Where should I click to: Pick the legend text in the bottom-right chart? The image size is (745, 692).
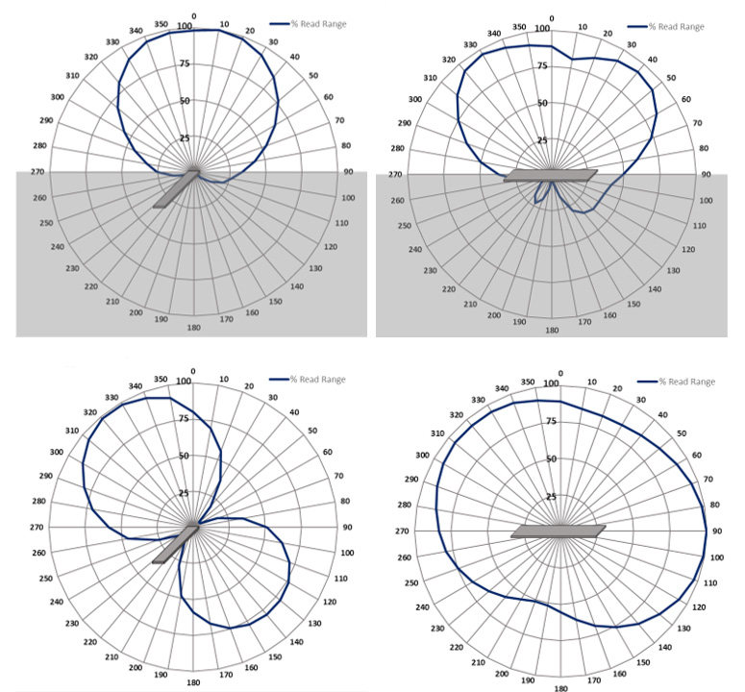pyautogui.click(x=691, y=382)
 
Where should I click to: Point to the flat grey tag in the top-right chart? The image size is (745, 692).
pyautogui.click(x=550, y=176)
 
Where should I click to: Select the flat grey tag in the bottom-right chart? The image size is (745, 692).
pyautogui.click(x=558, y=531)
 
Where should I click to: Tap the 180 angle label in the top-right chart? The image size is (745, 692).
pyautogui.click(x=551, y=330)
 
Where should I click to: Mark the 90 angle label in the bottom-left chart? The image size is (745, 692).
pyautogui.click(x=346, y=527)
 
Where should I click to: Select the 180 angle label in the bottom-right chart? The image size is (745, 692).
pyautogui.click(x=560, y=688)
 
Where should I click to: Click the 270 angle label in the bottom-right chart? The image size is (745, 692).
pyautogui.click(x=403, y=531)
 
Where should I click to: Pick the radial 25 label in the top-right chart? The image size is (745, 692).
pyautogui.click(x=541, y=140)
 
